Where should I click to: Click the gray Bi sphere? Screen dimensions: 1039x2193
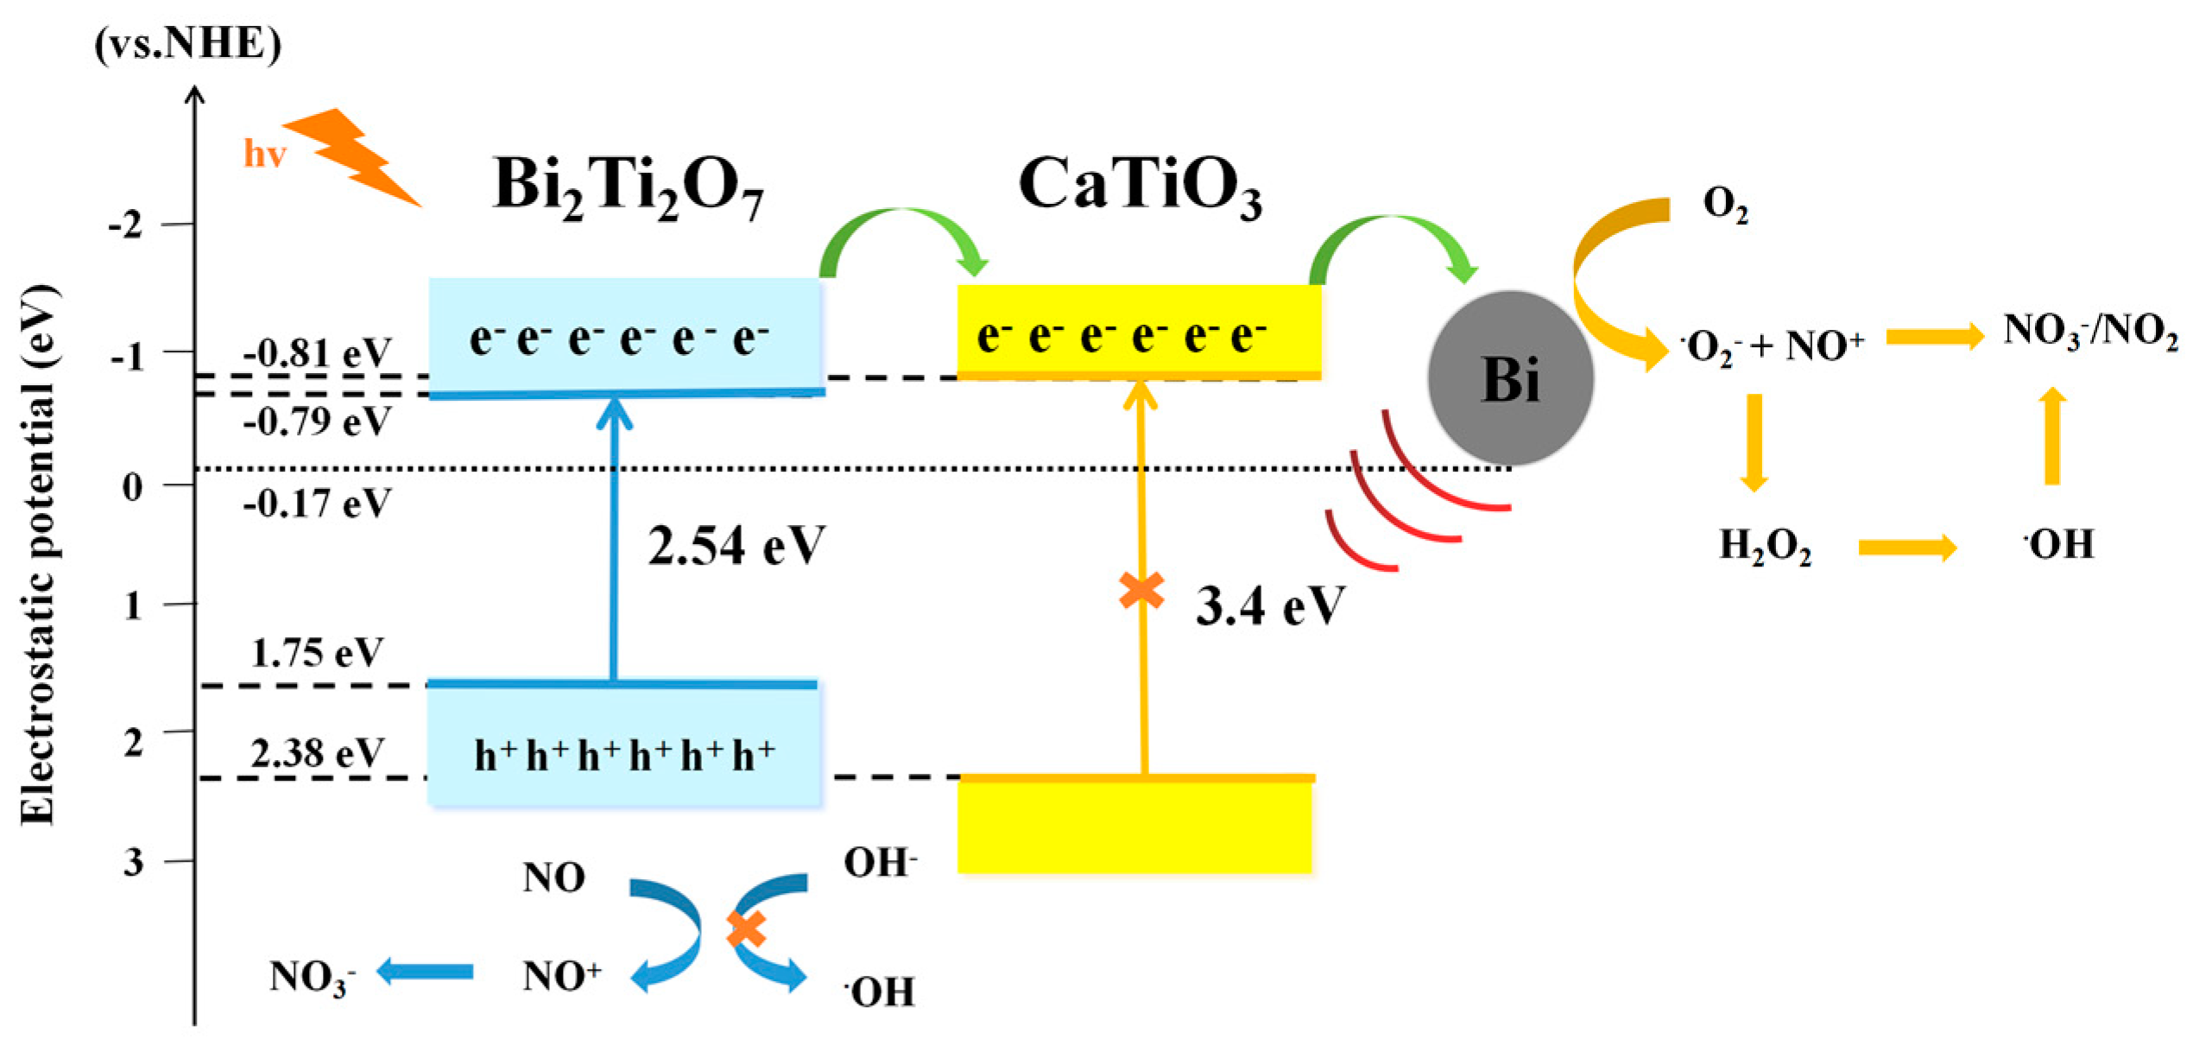click(x=1510, y=378)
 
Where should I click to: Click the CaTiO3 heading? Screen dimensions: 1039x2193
click(x=1140, y=186)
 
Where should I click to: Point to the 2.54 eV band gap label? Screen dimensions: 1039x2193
click(x=736, y=546)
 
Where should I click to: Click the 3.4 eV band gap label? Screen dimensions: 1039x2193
click(x=1269, y=605)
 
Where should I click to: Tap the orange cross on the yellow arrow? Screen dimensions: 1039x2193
click(x=1141, y=591)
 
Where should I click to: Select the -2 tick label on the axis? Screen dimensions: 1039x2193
click(x=125, y=226)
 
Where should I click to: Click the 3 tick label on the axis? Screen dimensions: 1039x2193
click(x=133, y=861)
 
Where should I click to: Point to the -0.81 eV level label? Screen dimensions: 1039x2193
click(x=317, y=353)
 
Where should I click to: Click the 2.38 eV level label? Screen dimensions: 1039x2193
click(x=317, y=753)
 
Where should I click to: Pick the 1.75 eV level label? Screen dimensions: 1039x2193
click(x=317, y=653)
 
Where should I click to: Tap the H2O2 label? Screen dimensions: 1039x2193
click(x=1765, y=546)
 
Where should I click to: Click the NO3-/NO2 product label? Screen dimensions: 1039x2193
click(x=2089, y=331)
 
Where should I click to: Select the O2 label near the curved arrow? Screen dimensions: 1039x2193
click(x=1725, y=205)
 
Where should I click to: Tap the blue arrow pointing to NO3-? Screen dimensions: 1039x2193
click(x=425, y=971)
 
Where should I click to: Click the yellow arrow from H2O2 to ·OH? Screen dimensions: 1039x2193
click(x=1906, y=547)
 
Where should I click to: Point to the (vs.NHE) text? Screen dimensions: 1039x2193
click(x=187, y=43)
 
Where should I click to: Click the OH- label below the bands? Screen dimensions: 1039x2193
click(x=880, y=862)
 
